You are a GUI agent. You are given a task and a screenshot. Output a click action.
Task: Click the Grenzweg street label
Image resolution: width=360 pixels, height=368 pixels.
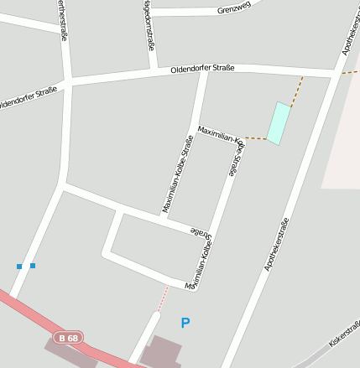point(234,9)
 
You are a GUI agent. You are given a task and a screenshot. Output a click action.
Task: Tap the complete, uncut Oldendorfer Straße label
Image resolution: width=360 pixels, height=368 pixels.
point(202,68)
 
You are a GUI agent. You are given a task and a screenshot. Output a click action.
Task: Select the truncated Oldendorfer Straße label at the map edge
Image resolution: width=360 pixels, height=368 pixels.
point(28,97)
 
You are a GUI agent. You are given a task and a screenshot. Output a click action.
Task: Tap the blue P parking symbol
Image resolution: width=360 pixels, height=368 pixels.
point(185,322)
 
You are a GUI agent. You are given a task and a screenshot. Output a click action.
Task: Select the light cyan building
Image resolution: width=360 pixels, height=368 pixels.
point(279,123)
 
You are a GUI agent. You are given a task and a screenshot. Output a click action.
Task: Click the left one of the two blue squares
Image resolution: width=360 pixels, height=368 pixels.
point(19,267)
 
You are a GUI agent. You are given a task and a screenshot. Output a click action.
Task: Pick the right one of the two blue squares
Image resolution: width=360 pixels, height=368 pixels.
point(33,266)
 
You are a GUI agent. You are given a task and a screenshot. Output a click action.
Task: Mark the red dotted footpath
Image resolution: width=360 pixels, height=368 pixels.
point(164,297)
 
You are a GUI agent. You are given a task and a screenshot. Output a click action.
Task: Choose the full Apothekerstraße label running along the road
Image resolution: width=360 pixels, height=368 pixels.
point(277,243)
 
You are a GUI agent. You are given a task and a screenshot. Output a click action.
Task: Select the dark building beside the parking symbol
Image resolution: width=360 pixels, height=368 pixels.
point(165,352)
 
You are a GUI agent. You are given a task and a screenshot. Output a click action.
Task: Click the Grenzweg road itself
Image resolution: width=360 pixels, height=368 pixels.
point(193,12)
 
